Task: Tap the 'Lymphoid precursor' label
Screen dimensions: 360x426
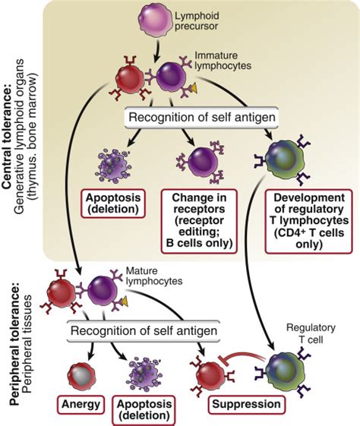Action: click(x=197, y=21)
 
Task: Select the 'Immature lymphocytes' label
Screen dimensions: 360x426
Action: click(x=223, y=61)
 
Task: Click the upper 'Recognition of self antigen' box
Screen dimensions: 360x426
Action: click(x=201, y=118)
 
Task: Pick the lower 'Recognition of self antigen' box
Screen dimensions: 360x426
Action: click(x=144, y=331)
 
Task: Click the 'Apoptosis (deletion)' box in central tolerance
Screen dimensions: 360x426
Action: click(x=112, y=204)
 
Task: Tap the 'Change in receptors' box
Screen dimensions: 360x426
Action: click(x=199, y=221)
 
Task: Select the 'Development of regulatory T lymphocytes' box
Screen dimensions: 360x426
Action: click(x=309, y=221)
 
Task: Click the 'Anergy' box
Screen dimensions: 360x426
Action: click(x=81, y=404)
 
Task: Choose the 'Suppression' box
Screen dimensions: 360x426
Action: click(x=246, y=404)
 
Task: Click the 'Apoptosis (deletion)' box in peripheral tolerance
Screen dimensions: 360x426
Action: click(x=144, y=410)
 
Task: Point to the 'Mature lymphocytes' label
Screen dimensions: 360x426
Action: click(x=154, y=276)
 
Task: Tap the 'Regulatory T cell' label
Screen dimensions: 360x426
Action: click(x=311, y=333)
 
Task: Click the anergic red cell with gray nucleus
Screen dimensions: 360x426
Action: click(x=81, y=377)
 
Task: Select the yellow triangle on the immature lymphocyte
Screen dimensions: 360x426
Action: click(x=194, y=89)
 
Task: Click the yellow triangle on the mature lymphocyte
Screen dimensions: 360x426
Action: click(x=125, y=301)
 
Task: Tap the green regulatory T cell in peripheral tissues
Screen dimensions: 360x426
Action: click(x=285, y=371)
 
